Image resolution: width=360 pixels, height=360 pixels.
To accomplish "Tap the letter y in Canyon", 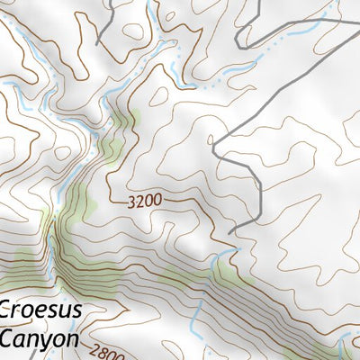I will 49,342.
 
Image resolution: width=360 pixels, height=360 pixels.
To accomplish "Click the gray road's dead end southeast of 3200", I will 230,233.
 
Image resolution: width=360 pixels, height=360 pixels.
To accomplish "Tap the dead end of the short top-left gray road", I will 97,43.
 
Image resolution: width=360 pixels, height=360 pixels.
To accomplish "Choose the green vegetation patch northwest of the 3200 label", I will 112,144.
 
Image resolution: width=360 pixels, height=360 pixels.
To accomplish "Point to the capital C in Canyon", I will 6,338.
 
